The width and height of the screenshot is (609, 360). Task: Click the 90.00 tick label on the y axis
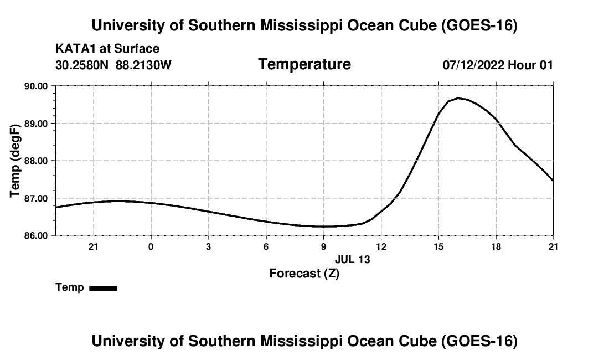[x=36, y=86]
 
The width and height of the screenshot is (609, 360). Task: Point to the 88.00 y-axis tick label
[x=36, y=161]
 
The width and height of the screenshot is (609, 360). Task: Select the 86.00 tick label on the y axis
[x=36, y=236]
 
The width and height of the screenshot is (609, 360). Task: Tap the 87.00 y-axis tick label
[x=36, y=198]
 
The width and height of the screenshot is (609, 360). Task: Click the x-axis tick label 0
[x=151, y=246]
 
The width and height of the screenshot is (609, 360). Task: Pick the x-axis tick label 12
[x=381, y=246]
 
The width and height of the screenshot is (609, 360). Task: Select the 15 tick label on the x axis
[x=438, y=246]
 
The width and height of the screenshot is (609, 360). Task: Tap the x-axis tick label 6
[x=266, y=246]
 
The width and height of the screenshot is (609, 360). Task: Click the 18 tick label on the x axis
[x=496, y=246]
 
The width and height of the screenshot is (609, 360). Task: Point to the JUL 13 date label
[x=353, y=259]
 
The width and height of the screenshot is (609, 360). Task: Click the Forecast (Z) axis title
[x=304, y=274]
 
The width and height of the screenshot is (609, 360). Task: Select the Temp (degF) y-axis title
[x=15, y=161]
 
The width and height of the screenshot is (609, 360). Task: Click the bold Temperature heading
[x=304, y=64]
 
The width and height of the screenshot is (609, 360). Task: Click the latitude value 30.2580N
[x=82, y=65]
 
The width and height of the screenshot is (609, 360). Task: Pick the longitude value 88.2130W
[x=143, y=65]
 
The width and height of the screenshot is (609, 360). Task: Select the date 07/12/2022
[x=473, y=65]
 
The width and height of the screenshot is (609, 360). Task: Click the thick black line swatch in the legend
[x=104, y=288]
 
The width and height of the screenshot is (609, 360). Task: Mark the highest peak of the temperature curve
[x=458, y=98]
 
